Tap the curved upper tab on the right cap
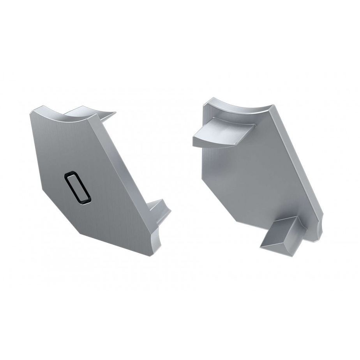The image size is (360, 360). pos(222,132)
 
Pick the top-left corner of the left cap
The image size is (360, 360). pos(31,113)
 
